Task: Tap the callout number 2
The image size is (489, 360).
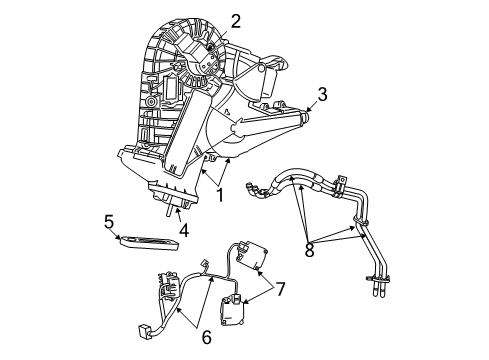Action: (x=236, y=21)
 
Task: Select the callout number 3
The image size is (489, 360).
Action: (x=322, y=96)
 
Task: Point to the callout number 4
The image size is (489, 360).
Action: (x=183, y=231)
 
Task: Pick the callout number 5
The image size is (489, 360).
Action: (x=109, y=220)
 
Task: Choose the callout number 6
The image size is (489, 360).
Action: (x=205, y=337)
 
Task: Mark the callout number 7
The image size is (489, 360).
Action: (x=281, y=290)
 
